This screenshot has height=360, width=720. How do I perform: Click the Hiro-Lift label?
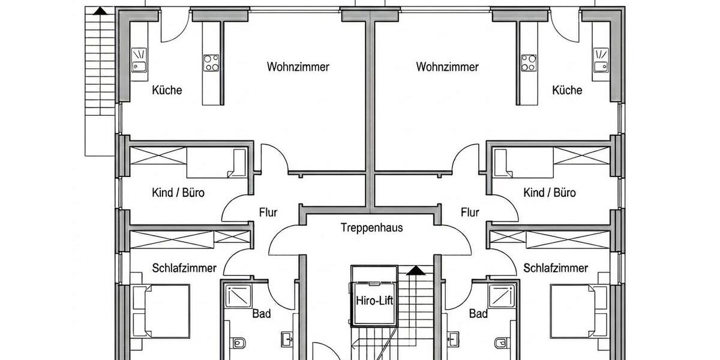(x=374, y=301)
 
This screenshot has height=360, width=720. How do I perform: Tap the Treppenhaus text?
(x=371, y=228)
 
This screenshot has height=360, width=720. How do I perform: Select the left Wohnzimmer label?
(x=298, y=67)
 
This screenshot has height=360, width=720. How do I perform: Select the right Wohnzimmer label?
(x=447, y=67)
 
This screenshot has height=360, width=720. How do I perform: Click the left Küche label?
(x=167, y=91)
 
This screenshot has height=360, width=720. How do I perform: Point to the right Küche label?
(x=567, y=91)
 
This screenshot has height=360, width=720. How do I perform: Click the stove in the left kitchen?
(x=211, y=62)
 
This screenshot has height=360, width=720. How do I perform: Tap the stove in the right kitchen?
(x=528, y=62)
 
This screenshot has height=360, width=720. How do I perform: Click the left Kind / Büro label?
(x=178, y=193)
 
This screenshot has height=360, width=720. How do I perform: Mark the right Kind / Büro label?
(x=549, y=193)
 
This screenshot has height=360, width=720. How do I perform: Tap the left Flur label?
(x=268, y=212)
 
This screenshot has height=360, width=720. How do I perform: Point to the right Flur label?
(x=470, y=212)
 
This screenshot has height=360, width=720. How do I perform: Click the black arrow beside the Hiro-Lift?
(x=414, y=271)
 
